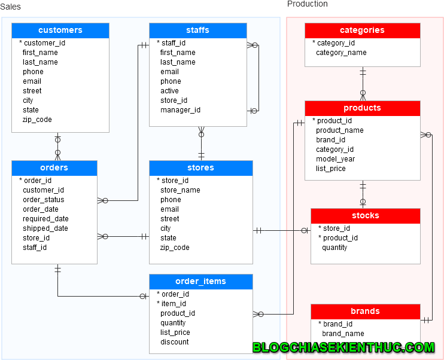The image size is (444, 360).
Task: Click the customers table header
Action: coord(60,30)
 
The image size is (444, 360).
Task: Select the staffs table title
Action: coord(197,30)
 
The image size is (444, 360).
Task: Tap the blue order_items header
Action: coord(200,282)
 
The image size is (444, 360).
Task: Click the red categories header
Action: coord(362,30)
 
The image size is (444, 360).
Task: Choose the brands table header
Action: coord(365,312)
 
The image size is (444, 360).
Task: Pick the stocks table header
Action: coord(365,216)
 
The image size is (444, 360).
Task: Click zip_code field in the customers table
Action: coord(37,120)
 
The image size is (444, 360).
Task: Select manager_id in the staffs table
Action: coord(180,110)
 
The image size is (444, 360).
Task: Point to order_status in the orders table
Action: coord(43,200)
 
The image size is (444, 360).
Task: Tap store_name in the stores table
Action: coord(180,190)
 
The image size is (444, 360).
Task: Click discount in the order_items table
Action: coord(174,342)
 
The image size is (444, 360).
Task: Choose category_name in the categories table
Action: coord(341,53)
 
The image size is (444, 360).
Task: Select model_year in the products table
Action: coord(335,159)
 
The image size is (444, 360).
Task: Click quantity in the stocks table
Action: coord(334,248)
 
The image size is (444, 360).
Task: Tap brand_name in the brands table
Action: coord(343,334)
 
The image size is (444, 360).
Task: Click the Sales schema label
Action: coord(10,7)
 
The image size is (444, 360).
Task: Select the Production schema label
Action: coord(307,4)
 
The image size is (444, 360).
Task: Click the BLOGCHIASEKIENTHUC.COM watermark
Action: coord(343,347)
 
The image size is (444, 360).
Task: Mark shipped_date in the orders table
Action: coord(45,228)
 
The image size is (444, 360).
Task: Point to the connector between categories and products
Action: coord(363,84)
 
